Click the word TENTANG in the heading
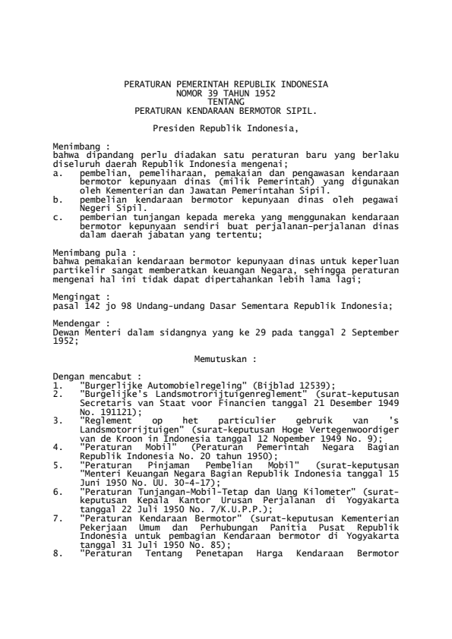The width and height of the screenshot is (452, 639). pos(226,102)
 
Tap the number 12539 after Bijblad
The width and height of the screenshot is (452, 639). pos(305,384)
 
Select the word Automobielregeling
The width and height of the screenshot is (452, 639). pos(142,384)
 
